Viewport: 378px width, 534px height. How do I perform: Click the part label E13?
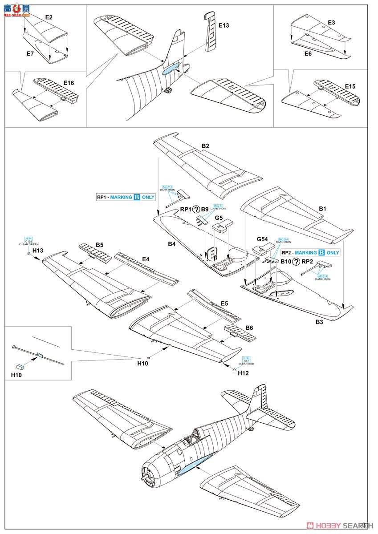(x=224, y=26)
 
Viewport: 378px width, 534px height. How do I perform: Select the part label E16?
(x=69, y=83)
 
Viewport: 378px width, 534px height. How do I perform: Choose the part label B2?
(x=205, y=146)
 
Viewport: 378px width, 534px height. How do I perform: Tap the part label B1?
(x=323, y=208)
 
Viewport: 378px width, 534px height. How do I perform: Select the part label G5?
(x=219, y=218)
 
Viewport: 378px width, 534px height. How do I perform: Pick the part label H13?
(x=37, y=251)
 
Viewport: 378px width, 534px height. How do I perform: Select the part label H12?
(x=243, y=373)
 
